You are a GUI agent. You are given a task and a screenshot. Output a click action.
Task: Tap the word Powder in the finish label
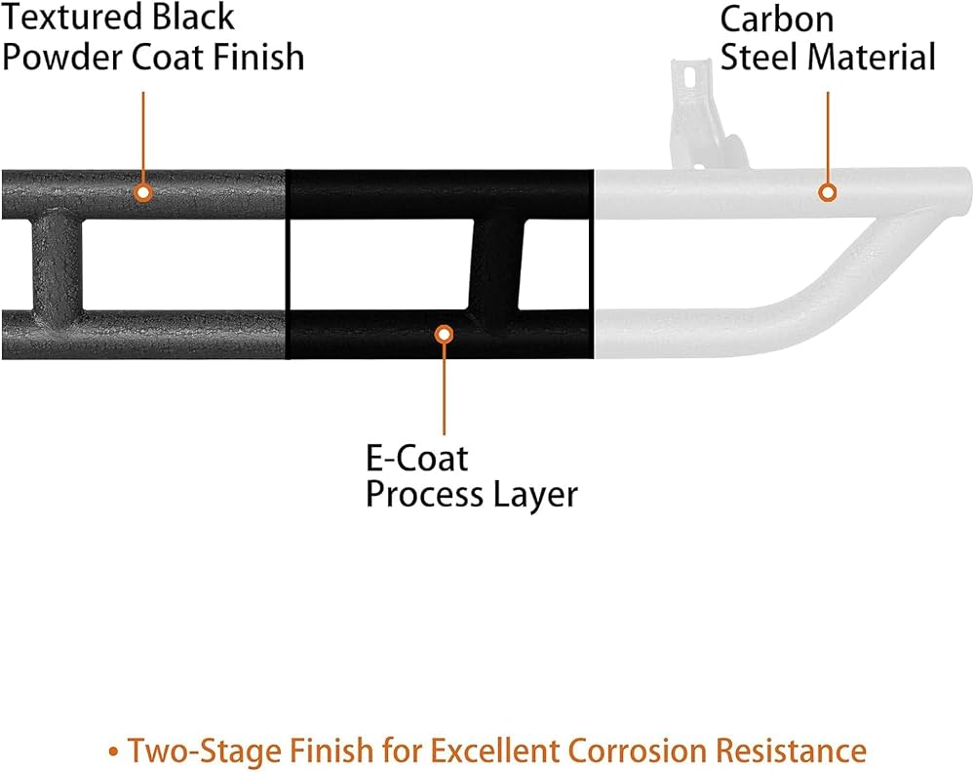(63, 58)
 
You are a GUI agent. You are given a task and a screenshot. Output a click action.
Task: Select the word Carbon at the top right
(777, 20)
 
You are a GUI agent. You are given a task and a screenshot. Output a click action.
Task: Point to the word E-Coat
(416, 459)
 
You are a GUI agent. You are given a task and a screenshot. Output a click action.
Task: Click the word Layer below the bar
(535, 496)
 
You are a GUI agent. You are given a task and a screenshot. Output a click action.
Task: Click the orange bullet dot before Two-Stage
(113, 752)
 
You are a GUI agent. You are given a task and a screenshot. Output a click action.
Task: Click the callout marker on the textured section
(143, 193)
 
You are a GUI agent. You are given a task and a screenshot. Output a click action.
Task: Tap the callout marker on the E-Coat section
(444, 335)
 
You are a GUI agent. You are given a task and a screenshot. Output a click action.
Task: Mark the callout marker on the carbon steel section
(827, 193)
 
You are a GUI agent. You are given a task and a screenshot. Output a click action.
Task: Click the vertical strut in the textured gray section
(57, 264)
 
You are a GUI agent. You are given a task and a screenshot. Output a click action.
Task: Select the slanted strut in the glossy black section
(495, 264)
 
